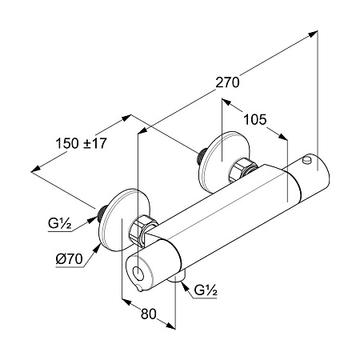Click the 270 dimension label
pos(227,82)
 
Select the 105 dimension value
pos(255,119)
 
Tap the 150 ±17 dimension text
pos(81,143)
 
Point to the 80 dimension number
pos(149,314)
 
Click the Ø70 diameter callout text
pos(70,258)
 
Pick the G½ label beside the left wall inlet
pos(60,223)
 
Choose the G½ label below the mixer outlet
pos(206,290)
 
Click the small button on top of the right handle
pos(307,159)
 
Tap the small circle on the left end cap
pos(138,274)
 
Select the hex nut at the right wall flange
pos(242,170)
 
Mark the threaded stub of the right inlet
pos(202,156)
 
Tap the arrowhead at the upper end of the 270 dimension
pos(313,34)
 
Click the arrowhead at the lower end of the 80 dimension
pos(170,326)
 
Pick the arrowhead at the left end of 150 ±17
pos(35,170)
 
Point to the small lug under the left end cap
pos(140,289)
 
